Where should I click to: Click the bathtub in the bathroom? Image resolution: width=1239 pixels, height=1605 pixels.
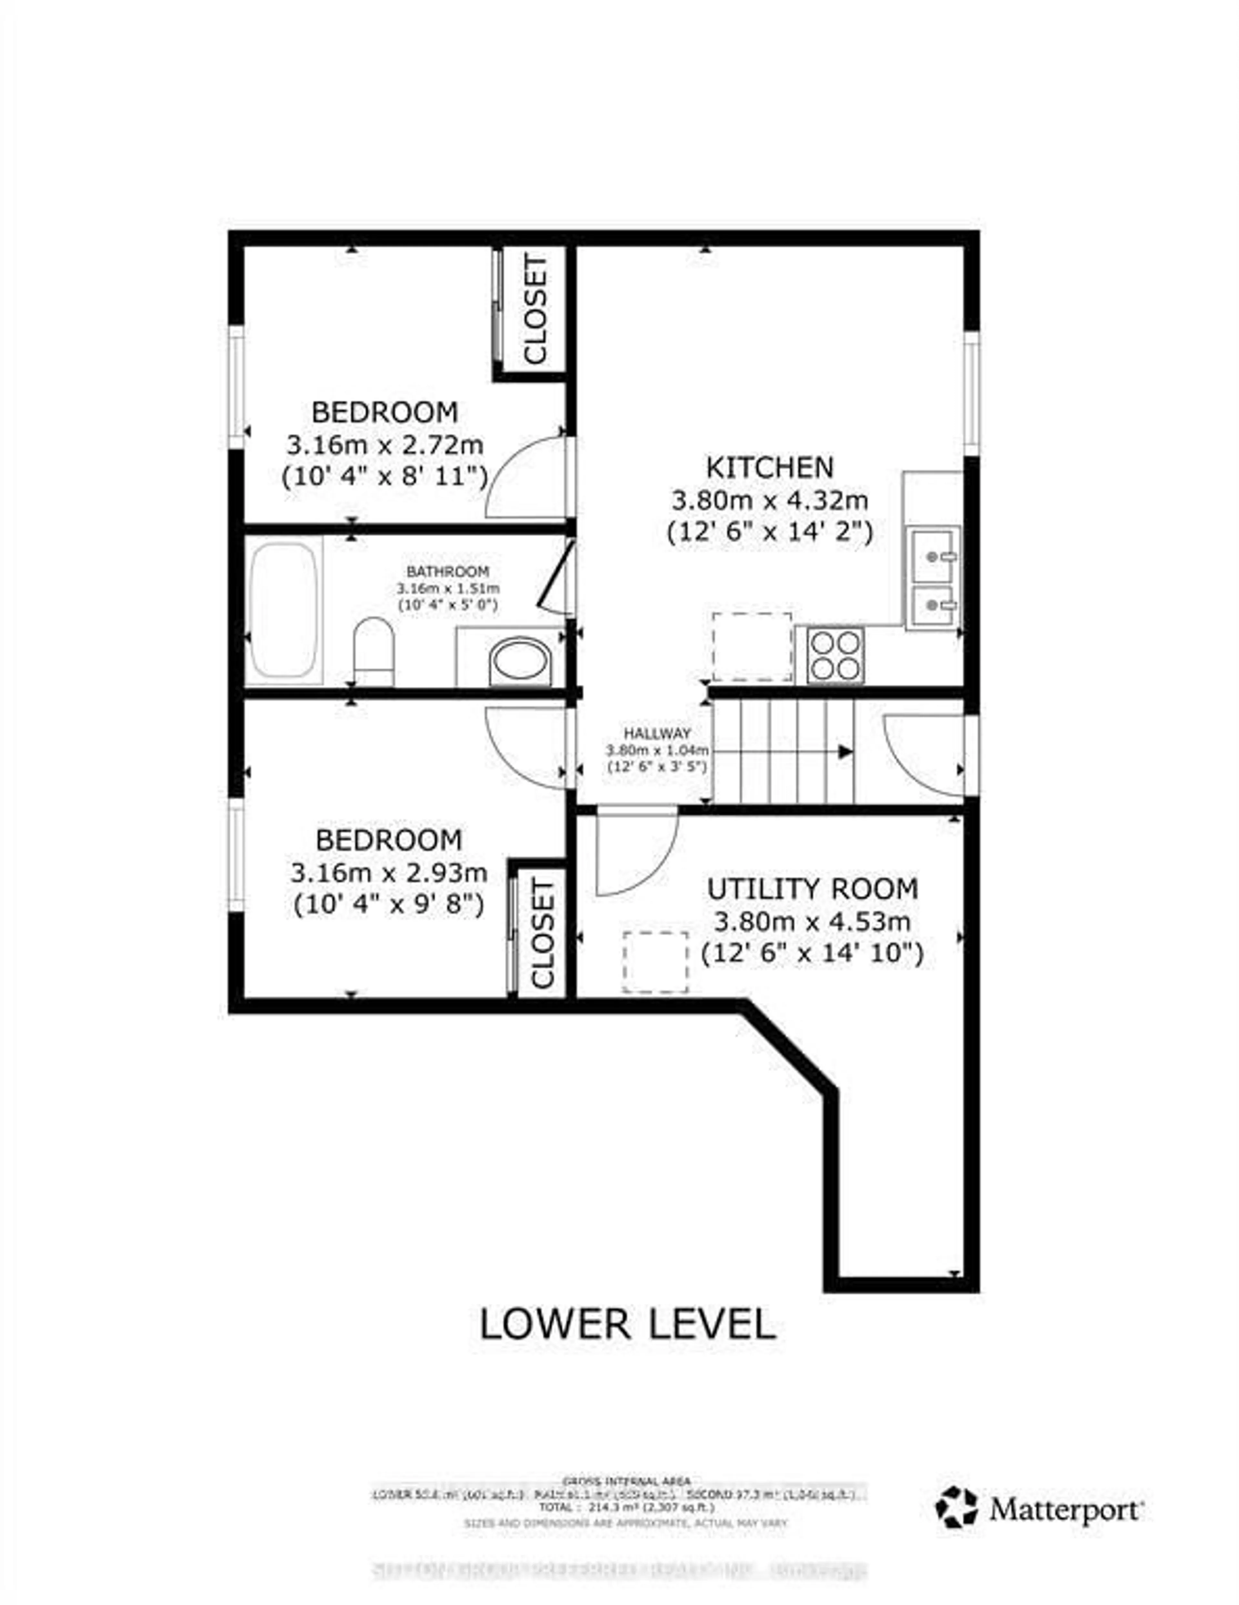(x=284, y=609)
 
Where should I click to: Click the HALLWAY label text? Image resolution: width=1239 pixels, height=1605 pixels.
(x=657, y=733)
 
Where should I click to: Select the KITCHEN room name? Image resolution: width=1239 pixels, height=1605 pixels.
(x=770, y=467)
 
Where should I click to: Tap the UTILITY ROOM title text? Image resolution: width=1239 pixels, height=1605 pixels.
(x=812, y=889)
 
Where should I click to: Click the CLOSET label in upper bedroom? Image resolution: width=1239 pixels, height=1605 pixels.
(x=536, y=310)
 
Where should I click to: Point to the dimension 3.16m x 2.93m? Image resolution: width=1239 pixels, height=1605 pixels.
(x=389, y=873)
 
